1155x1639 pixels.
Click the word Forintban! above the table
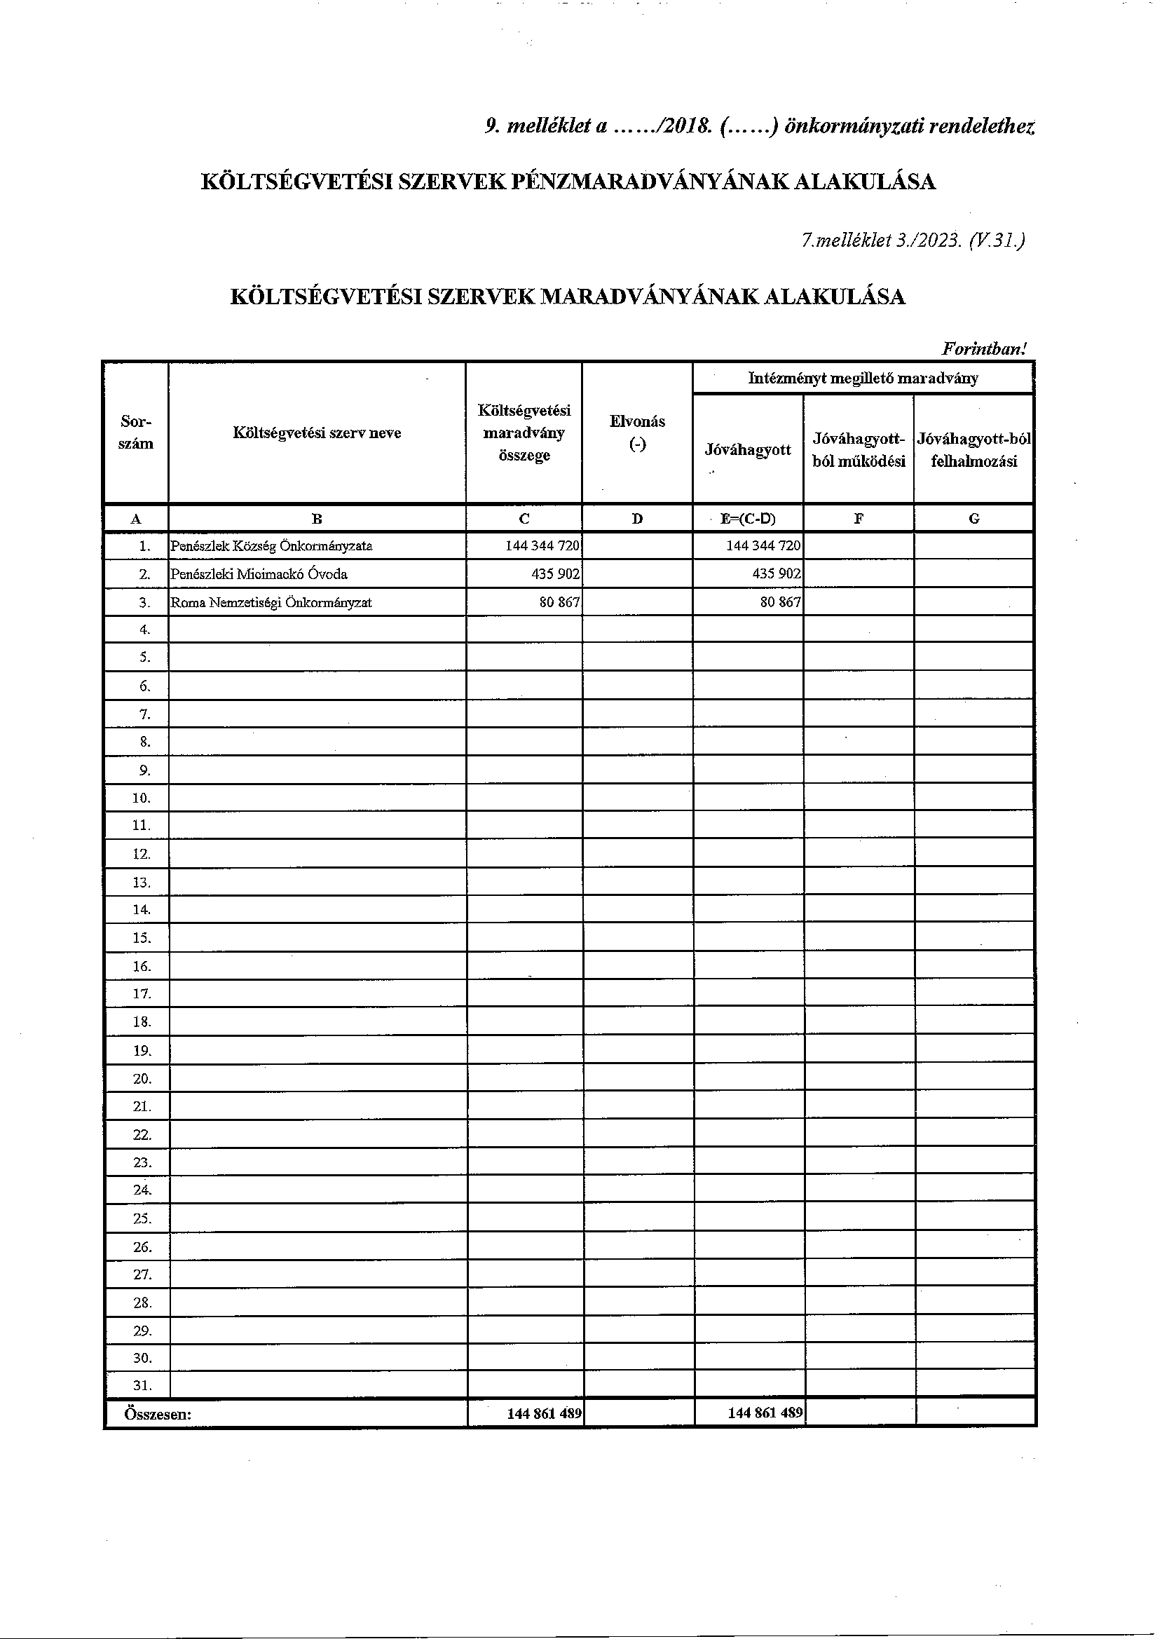pyautogui.click(x=984, y=349)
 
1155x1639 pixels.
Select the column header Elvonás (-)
pyautogui.click(x=637, y=433)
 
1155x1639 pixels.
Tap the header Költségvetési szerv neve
pyautogui.click(x=317, y=433)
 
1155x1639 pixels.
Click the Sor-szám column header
pyautogui.click(x=136, y=433)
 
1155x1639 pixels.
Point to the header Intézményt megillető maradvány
pyautogui.click(x=862, y=379)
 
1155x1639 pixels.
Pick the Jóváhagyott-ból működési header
pyautogui.click(x=858, y=450)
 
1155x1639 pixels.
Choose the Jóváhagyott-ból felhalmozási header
pyautogui.click(x=973, y=450)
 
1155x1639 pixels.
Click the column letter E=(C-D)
pyautogui.click(x=747, y=519)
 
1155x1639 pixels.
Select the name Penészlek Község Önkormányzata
pyautogui.click(x=271, y=546)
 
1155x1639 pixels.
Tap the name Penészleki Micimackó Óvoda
pyautogui.click(x=259, y=574)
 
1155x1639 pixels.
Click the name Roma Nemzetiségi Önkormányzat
pyautogui.click(x=271, y=602)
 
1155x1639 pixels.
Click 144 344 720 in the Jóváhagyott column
pyautogui.click(x=763, y=546)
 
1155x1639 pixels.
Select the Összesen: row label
pyautogui.click(x=157, y=1413)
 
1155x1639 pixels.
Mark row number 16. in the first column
pyautogui.click(x=142, y=967)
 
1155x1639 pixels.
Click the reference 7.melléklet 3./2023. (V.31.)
pyautogui.click(x=913, y=240)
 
